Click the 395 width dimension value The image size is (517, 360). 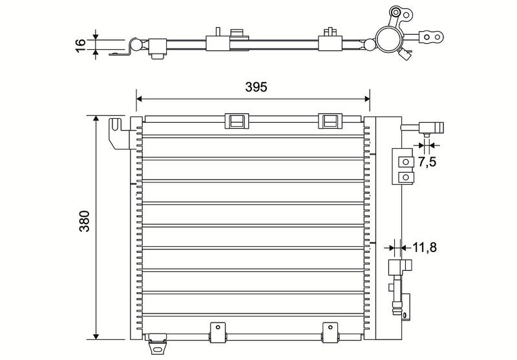(x=256, y=87)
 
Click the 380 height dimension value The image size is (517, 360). (x=85, y=221)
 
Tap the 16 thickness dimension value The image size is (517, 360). (x=80, y=45)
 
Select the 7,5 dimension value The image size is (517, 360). (x=427, y=162)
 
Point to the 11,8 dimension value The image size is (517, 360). (x=425, y=247)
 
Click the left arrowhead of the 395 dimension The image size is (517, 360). (x=139, y=98)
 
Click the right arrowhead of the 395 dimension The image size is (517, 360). (x=366, y=98)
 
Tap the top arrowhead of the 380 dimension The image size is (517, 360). (x=96, y=119)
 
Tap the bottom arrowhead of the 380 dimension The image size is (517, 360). (x=96, y=336)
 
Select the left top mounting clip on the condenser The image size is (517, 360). (x=237, y=121)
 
